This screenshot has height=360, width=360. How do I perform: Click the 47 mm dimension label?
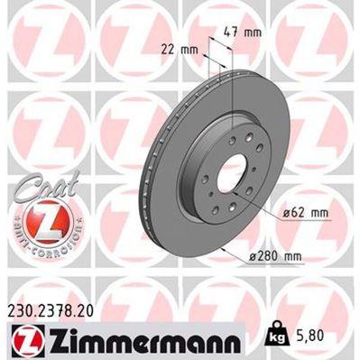pyautogui.click(x=245, y=32)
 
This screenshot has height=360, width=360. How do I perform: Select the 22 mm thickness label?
pyautogui.click(x=180, y=50)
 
